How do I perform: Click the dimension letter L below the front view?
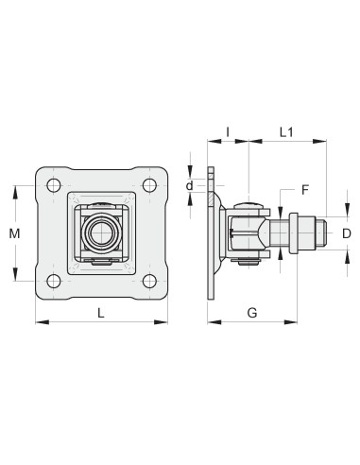click(101, 311)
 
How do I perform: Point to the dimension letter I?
click(227, 131)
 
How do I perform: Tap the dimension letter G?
click(251, 311)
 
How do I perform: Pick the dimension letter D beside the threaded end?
click(346, 232)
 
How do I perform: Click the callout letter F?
click(304, 190)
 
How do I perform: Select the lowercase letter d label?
click(189, 185)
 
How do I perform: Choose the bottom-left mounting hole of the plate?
click(55, 280)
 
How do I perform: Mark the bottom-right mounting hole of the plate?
click(148, 280)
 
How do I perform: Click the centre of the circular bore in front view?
click(100, 232)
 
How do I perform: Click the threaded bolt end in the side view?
click(319, 232)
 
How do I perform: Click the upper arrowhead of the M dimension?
click(15, 189)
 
